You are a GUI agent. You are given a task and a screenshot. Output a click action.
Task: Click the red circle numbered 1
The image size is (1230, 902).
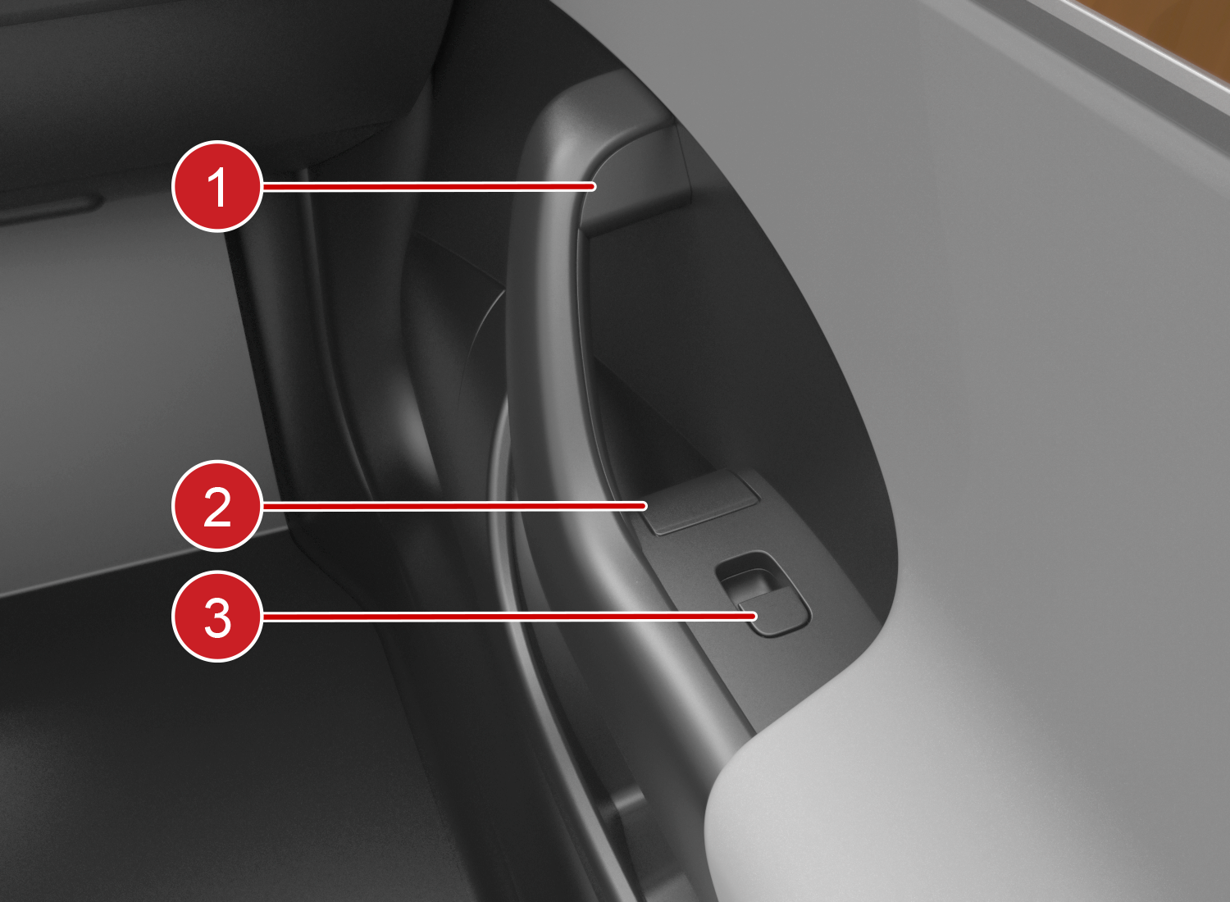(217, 186)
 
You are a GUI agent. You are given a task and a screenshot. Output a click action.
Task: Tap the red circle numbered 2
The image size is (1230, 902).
(217, 506)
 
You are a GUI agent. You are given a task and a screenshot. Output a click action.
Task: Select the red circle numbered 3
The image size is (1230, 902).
(217, 617)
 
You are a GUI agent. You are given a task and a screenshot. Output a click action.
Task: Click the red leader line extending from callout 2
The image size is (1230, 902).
(454, 506)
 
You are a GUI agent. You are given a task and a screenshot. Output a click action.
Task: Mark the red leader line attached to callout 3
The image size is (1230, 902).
(510, 617)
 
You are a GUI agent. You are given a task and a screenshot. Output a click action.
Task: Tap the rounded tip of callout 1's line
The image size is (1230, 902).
(593, 187)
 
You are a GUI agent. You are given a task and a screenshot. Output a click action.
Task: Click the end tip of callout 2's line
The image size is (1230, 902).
(644, 506)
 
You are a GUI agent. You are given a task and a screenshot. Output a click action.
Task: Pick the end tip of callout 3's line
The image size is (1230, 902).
(754, 617)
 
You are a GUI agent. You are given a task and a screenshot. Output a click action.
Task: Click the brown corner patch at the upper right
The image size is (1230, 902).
(1181, 33)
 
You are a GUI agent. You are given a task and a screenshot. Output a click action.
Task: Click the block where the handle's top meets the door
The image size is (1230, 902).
(637, 181)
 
